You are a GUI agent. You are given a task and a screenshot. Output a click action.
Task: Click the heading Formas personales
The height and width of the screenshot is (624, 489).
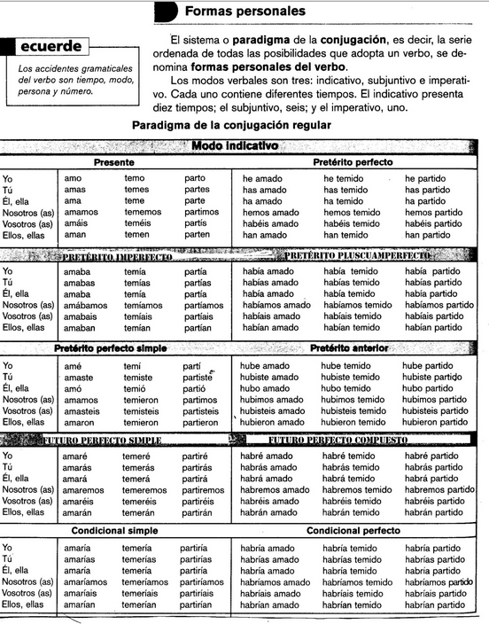(x=245, y=12)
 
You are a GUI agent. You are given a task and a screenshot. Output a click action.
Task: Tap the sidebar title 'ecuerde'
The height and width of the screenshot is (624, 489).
(x=52, y=46)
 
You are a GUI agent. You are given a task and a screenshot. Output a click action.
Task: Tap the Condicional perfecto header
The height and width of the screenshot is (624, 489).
(x=352, y=531)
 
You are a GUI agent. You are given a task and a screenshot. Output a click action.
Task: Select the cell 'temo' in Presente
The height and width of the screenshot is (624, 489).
(x=135, y=178)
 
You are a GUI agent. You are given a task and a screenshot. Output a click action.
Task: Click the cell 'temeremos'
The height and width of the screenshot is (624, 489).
(x=144, y=489)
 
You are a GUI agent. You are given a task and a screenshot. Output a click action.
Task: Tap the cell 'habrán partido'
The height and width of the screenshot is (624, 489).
(x=435, y=511)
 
